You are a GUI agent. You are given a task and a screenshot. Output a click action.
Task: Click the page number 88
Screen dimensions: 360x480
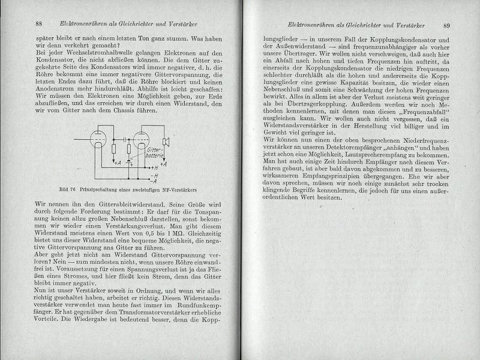coord(38,25)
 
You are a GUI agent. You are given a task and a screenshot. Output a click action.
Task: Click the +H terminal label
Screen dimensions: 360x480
coord(155,167)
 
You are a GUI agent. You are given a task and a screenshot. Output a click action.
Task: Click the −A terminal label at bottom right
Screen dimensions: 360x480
coord(155,181)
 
